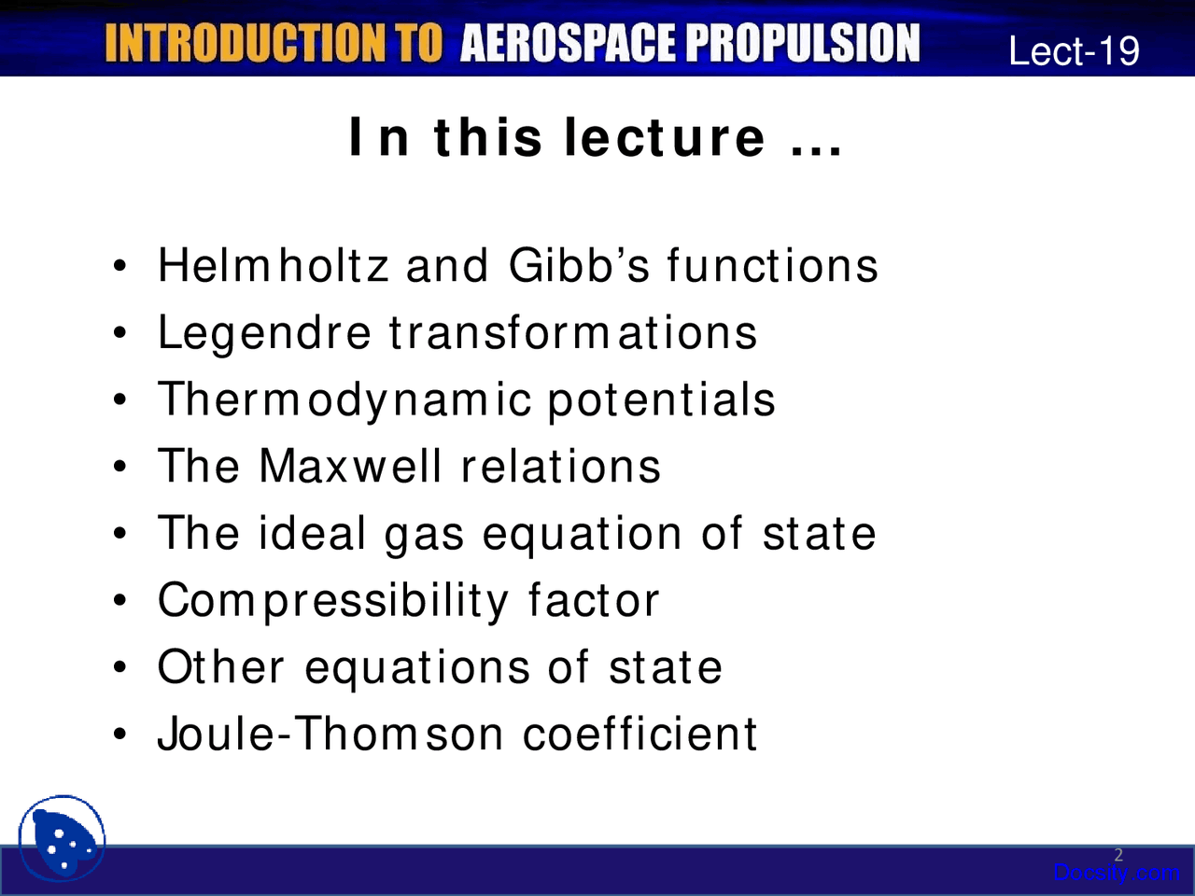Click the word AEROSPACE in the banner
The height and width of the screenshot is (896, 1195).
(569, 44)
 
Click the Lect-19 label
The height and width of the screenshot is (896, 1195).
(1074, 50)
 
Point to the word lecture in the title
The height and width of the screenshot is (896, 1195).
(666, 138)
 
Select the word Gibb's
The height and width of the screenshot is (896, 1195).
(579, 266)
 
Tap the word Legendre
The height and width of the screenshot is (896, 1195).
(264, 333)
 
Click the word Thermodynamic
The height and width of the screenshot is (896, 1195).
(344, 400)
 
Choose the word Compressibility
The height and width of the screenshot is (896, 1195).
(332, 601)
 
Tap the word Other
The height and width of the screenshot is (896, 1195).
(221, 667)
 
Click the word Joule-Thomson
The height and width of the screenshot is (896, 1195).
(333, 734)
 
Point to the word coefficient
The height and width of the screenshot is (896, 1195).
(640, 734)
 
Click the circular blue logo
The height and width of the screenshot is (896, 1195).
(62, 839)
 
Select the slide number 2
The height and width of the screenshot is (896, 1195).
(1118, 855)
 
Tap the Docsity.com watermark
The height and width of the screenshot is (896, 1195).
(1116, 874)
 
